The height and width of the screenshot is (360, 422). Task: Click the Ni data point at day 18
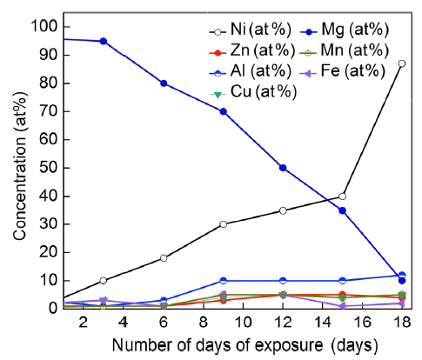pos(400,63)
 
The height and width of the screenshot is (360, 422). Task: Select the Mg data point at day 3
pos(104,41)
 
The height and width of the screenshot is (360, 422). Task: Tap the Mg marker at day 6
pos(164,83)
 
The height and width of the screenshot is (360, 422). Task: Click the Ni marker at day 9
pos(224,224)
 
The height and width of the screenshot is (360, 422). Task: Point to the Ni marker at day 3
pos(104,280)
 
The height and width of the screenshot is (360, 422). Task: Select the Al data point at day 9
pos(224,281)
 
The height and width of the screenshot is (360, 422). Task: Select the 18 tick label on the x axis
pos(400,323)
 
